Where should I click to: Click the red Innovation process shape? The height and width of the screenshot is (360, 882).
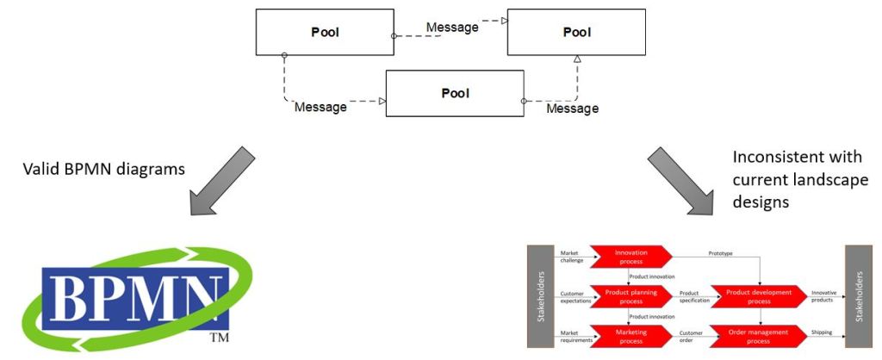pos(631,257)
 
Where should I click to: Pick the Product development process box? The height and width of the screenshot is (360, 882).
pos(758,296)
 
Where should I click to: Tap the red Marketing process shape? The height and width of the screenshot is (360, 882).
pos(631,336)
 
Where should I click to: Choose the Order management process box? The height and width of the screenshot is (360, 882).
pos(758,336)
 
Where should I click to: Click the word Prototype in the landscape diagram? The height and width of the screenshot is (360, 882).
pos(722,253)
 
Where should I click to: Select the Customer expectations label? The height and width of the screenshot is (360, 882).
pos(574,296)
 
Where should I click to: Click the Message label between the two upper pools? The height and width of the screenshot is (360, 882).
pos(451,28)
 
